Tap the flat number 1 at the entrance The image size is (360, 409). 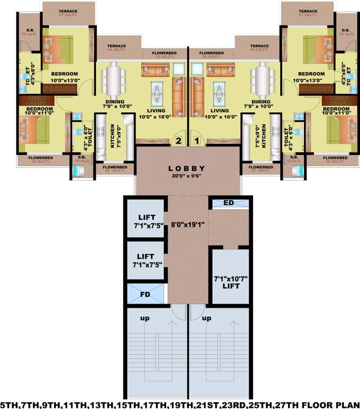(196, 142)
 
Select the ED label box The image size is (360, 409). (228, 203)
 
